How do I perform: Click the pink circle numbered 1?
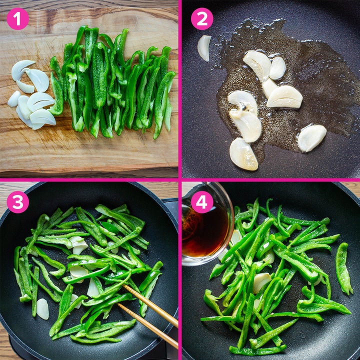pyautogui.click(x=18, y=19)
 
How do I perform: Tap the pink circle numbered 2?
pyautogui.click(x=202, y=19)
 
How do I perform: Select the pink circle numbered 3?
pyautogui.click(x=18, y=202)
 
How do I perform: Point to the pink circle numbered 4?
pyautogui.click(x=202, y=202)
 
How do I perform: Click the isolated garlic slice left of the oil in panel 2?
pyautogui.click(x=204, y=48)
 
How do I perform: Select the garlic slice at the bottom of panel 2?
pyautogui.click(x=243, y=154)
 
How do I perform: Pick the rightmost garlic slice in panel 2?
pyautogui.click(x=312, y=138)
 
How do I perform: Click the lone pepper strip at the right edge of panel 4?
pyautogui.click(x=343, y=268)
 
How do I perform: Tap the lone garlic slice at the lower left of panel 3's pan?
pyautogui.click(x=42, y=309)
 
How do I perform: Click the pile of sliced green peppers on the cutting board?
pyautogui.click(x=112, y=82)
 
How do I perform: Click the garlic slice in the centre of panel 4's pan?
pyautogui.click(x=261, y=282)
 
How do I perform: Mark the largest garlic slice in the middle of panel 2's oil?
pyautogui.click(x=284, y=97)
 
